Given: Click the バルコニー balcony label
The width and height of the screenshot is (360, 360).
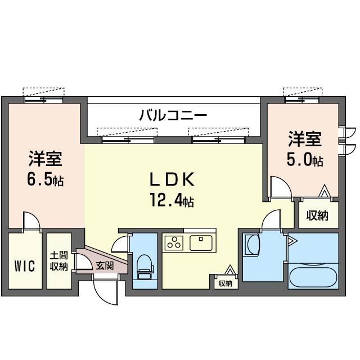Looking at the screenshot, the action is (173, 115).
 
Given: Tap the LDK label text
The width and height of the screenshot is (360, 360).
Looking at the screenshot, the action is (172, 179).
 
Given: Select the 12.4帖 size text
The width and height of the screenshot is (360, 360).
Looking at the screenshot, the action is (172, 200).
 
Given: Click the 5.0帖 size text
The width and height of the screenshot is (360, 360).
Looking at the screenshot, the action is (305, 159).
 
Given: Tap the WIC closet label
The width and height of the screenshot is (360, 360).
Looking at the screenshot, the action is (25, 266).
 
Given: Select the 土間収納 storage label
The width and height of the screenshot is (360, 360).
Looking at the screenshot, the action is (59, 261).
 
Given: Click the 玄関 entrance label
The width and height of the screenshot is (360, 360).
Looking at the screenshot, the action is (105, 265).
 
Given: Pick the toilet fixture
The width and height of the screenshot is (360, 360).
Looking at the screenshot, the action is (145, 267).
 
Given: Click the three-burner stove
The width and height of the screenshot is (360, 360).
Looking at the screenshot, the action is (174, 243).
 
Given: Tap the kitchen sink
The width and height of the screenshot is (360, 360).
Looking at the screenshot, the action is (201, 243).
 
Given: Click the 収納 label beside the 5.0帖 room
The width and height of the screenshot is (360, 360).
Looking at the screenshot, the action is (317, 215).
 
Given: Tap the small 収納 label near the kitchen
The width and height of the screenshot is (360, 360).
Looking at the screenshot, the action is (226, 283).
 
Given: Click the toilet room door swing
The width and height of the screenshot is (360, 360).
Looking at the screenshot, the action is (119, 242).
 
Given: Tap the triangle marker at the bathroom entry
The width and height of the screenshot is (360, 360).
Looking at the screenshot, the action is (292, 241).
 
